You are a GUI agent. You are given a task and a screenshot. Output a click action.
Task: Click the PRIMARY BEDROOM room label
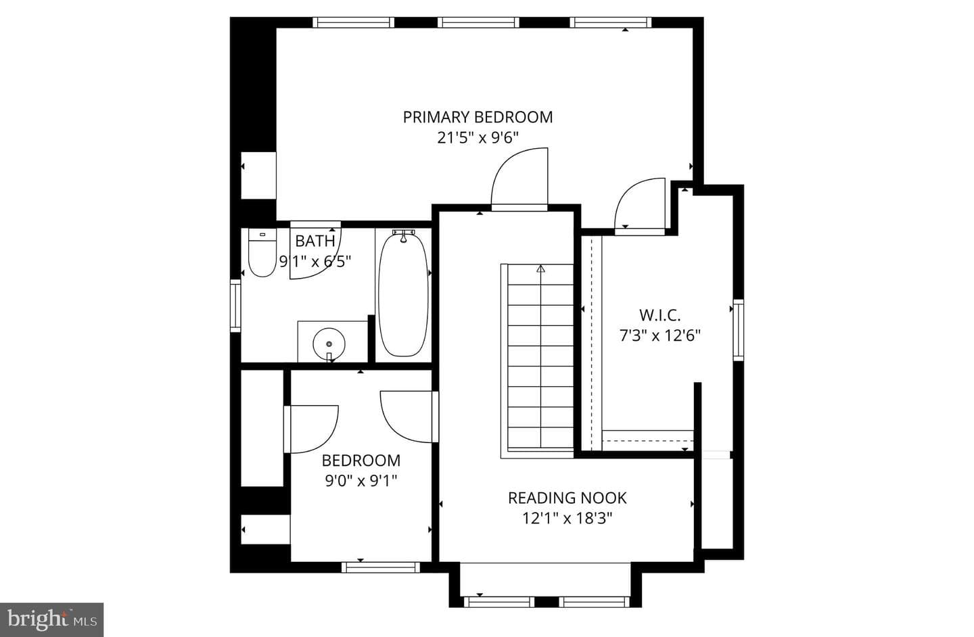pos(478,118)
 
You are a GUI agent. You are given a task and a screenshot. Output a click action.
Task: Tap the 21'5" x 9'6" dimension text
pos(478,138)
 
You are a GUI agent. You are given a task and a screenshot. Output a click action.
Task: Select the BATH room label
pos(315,241)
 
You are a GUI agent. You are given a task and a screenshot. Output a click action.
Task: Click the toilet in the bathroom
pos(262,253)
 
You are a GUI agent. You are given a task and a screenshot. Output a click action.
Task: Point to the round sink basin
pos(329,344)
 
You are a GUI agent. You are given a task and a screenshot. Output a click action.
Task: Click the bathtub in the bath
pos(403,293)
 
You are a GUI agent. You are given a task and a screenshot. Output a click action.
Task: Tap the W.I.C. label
pos(659,315)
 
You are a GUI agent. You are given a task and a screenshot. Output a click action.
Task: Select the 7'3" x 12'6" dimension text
pos(660,335)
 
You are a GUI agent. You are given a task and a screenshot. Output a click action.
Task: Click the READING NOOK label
pos(567,498)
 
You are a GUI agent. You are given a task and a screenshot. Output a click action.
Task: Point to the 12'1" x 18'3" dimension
pos(567,519)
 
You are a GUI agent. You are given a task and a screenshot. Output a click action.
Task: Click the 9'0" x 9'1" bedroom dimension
pos(361,481)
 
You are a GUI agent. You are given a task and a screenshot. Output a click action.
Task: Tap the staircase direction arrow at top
pos(540,268)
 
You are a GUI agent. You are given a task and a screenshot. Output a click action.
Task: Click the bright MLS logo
pos(51,619)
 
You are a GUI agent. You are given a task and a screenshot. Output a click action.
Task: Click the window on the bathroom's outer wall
pos(235,306)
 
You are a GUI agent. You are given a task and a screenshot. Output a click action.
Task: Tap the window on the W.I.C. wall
pos(739,330)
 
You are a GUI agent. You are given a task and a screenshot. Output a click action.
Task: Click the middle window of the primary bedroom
pos(478,22)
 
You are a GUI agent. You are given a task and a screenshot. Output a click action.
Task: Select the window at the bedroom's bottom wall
pos(381,567)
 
